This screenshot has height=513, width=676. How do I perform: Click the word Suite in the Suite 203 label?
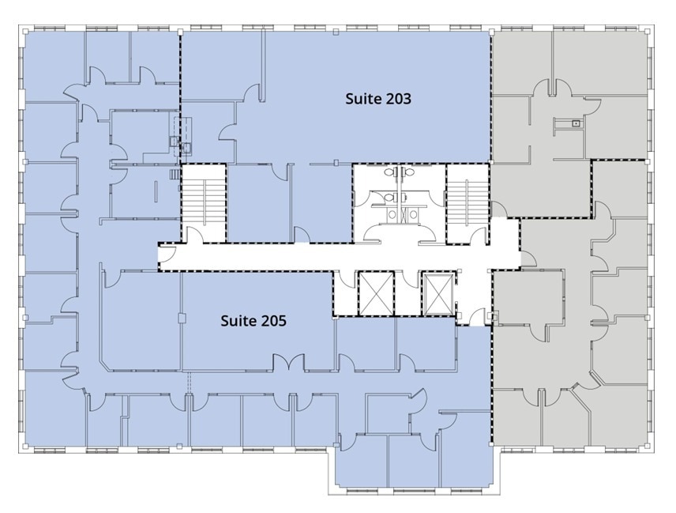[362, 99]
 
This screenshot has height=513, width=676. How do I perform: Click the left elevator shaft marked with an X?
[376, 293]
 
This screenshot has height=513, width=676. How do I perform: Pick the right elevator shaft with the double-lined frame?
[438, 293]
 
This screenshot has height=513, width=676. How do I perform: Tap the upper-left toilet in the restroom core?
[391, 172]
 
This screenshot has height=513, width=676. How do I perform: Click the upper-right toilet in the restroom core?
[407, 172]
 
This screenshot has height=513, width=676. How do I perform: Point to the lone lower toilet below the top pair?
[391, 198]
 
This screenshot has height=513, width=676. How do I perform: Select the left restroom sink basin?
[392, 214]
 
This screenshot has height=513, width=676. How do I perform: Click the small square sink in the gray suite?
[576, 123]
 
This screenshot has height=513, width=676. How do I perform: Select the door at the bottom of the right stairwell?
[479, 236]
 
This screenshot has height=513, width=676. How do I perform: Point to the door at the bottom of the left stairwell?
[195, 236]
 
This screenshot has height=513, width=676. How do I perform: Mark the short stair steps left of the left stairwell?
[174, 175]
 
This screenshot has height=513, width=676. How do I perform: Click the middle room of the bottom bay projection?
[414, 461]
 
